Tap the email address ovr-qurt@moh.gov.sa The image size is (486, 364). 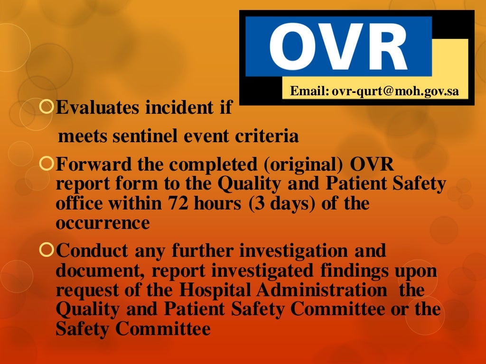[395, 91]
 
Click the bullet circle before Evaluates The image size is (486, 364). [47, 107]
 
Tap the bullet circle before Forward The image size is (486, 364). [47, 164]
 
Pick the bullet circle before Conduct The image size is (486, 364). [47, 250]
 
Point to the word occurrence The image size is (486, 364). [103, 222]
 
